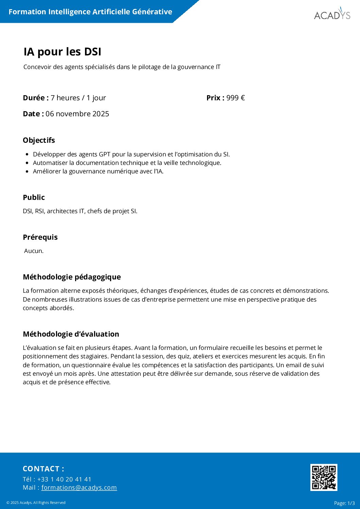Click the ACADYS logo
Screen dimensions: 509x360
(x=332, y=14)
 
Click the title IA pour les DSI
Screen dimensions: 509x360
(x=63, y=52)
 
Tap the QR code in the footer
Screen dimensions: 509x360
(x=324, y=477)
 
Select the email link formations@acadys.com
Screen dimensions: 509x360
(x=79, y=488)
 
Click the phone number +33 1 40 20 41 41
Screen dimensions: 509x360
(x=64, y=479)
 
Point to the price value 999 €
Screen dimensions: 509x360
(x=235, y=98)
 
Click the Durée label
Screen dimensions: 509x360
(x=36, y=98)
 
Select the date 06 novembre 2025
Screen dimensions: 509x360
(x=77, y=114)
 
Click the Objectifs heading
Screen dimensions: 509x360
(x=39, y=140)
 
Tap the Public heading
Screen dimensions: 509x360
(x=34, y=197)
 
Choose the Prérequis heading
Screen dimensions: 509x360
(x=40, y=237)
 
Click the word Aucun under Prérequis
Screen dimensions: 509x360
(x=34, y=251)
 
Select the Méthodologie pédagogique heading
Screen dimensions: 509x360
(x=72, y=277)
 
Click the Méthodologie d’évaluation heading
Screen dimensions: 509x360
(x=71, y=334)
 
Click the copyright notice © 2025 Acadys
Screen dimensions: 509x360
(x=36, y=503)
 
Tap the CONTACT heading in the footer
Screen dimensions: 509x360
(x=43, y=469)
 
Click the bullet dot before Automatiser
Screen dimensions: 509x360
(x=27, y=163)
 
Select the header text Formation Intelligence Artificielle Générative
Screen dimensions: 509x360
(x=90, y=12)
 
